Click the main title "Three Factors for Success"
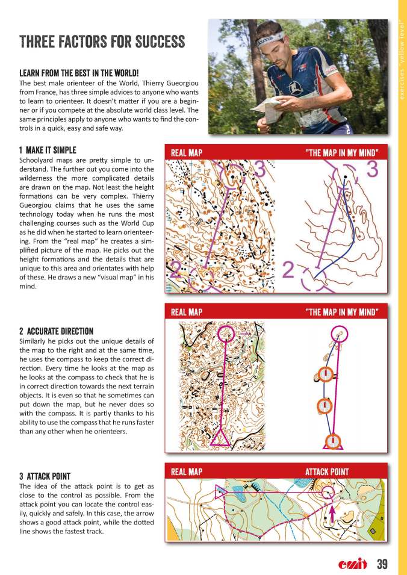(102, 42)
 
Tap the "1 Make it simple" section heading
(48, 149)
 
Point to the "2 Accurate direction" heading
(56, 331)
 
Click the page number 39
(382, 564)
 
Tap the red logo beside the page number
(352, 564)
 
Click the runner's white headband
(270, 39)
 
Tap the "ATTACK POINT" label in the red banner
(326, 471)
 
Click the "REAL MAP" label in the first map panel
(186, 153)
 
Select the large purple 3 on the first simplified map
(371, 170)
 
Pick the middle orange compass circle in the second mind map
(324, 406)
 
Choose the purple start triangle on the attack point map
(220, 490)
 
